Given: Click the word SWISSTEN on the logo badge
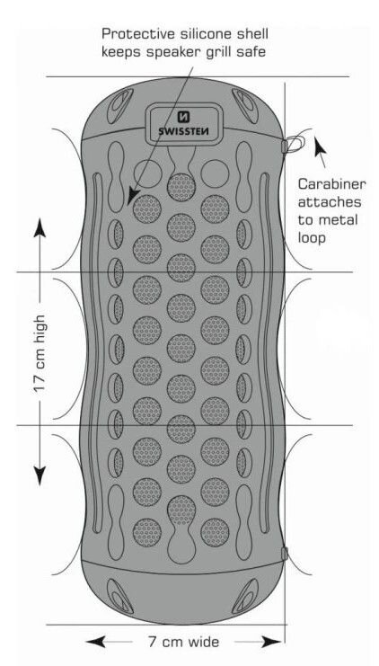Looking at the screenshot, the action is click(x=184, y=131).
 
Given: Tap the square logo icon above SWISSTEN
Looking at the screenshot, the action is click(x=184, y=117).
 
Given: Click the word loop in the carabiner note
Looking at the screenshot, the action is click(x=312, y=237).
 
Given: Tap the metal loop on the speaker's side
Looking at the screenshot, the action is click(x=295, y=144).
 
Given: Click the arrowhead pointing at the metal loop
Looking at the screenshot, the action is click(x=320, y=147).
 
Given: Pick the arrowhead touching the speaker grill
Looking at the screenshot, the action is click(x=134, y=195).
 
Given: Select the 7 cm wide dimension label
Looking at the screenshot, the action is click(x=183, y=642).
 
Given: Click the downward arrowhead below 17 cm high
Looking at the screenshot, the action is click(x=40, y=474).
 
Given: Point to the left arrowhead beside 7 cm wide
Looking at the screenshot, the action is click(x=95, y=642).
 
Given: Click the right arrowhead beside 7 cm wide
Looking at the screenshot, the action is click(x=271, y=642).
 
